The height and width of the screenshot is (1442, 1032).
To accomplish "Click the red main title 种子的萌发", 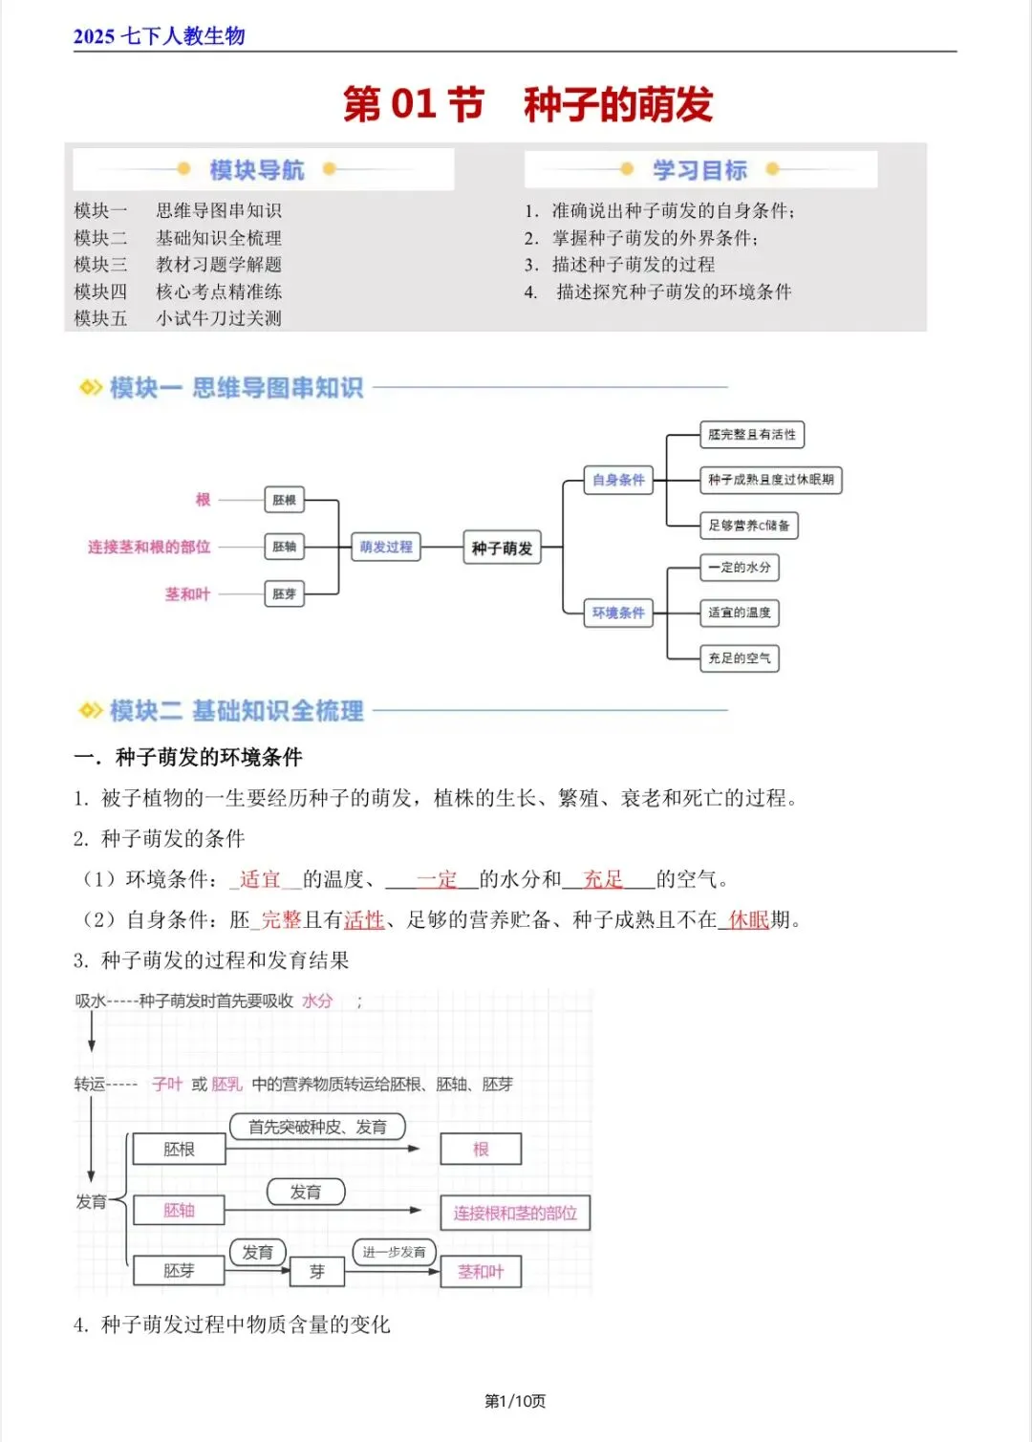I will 618,104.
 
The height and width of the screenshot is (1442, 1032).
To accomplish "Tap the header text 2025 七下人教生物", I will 159,36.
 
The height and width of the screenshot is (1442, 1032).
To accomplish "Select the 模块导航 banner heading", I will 256,170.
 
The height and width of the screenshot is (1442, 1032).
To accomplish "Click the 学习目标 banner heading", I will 699,170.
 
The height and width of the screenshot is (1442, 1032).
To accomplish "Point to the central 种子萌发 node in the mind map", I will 502,548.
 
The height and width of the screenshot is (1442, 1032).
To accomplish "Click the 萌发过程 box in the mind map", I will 386,547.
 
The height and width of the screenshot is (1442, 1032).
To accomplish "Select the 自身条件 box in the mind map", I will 618,480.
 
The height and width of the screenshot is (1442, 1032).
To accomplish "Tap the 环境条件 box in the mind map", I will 618,613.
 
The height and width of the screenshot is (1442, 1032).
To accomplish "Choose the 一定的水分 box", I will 739,568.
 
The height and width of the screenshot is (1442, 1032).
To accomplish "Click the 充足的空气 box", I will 739,657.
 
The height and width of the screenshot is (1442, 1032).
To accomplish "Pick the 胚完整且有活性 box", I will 751,435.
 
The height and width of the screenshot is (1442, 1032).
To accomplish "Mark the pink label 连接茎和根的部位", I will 149,547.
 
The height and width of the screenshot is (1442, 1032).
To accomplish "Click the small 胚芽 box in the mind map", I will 284,593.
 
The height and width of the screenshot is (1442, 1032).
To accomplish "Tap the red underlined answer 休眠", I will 748,920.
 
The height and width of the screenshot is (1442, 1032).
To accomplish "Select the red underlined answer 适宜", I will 260,879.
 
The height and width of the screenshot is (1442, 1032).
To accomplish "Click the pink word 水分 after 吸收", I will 317,1001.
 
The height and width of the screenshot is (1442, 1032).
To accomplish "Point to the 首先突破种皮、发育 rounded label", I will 317,1127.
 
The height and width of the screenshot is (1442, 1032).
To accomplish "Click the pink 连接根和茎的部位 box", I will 515,1213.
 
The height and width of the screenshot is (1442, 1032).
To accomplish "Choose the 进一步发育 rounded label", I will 394,1252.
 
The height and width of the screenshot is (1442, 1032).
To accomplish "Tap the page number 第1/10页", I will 515,1401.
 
